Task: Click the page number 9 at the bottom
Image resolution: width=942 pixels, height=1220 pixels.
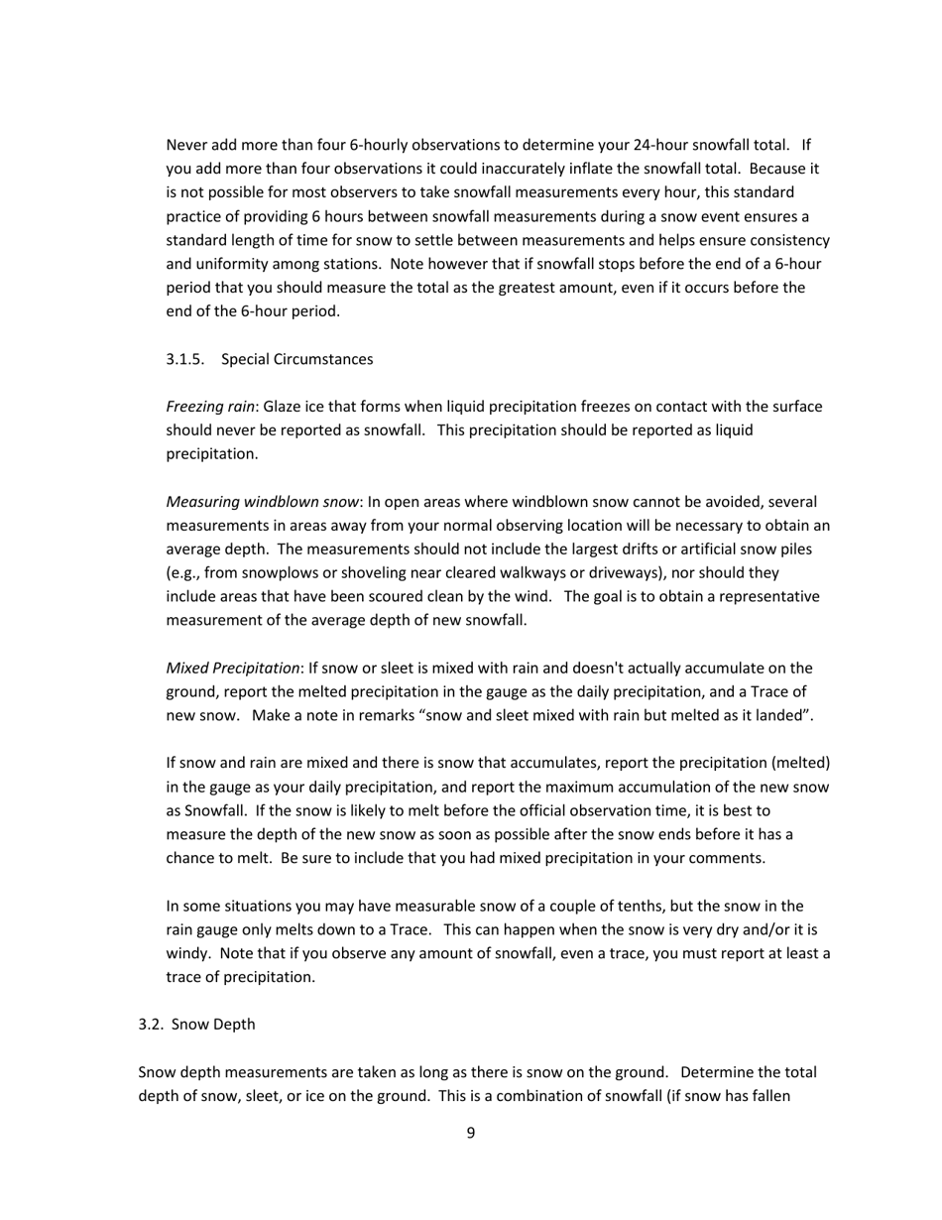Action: pos(470,1133)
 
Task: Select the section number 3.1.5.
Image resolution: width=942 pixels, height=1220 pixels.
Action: pos(185,359)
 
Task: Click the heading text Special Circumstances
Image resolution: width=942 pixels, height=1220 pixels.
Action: pos(297,359)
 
